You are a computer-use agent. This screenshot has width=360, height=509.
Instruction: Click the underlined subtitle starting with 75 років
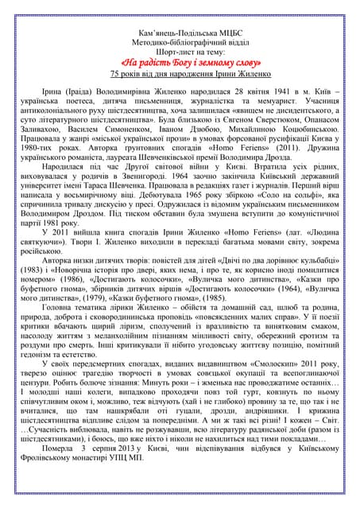[x=180, y=73]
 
